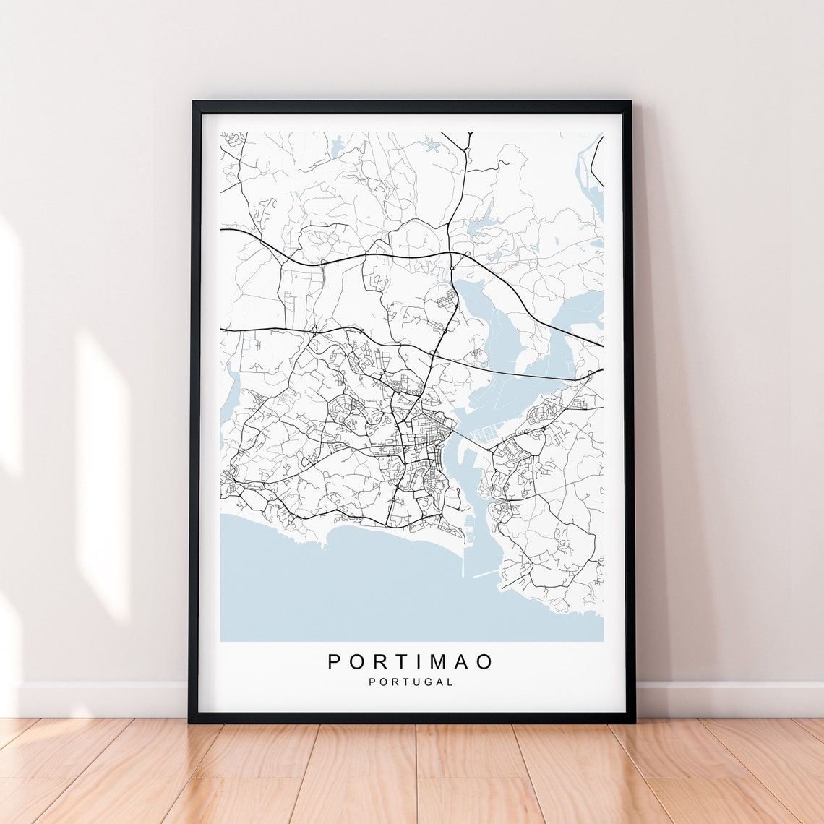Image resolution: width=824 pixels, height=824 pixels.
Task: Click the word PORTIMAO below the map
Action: click(411, 661)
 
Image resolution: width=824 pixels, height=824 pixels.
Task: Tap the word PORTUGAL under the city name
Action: click(411, 682)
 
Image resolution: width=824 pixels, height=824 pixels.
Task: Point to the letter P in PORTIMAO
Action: click(334, 661)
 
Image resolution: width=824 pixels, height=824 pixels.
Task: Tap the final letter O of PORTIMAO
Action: click(486, 661)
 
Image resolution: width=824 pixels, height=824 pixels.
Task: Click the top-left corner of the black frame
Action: click(193, 103)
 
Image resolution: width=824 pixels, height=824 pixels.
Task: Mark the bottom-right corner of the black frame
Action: click(633, 721)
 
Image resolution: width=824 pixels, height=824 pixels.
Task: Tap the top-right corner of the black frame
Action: click(630, 103)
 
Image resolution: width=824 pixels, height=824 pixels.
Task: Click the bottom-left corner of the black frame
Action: click(190, 721)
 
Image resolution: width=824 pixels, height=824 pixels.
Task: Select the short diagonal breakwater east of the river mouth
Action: click(486, 574)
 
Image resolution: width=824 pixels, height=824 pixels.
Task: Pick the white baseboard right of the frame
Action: click(730, 699)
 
